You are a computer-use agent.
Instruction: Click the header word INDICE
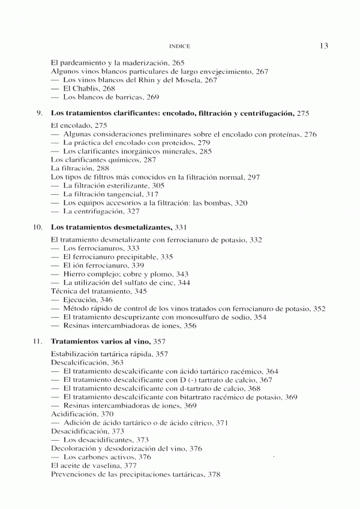point(180,46)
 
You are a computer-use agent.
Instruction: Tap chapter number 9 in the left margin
point(39,113)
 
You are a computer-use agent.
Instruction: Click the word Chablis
point(86,88)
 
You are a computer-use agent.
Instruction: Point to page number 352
point(319,308)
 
